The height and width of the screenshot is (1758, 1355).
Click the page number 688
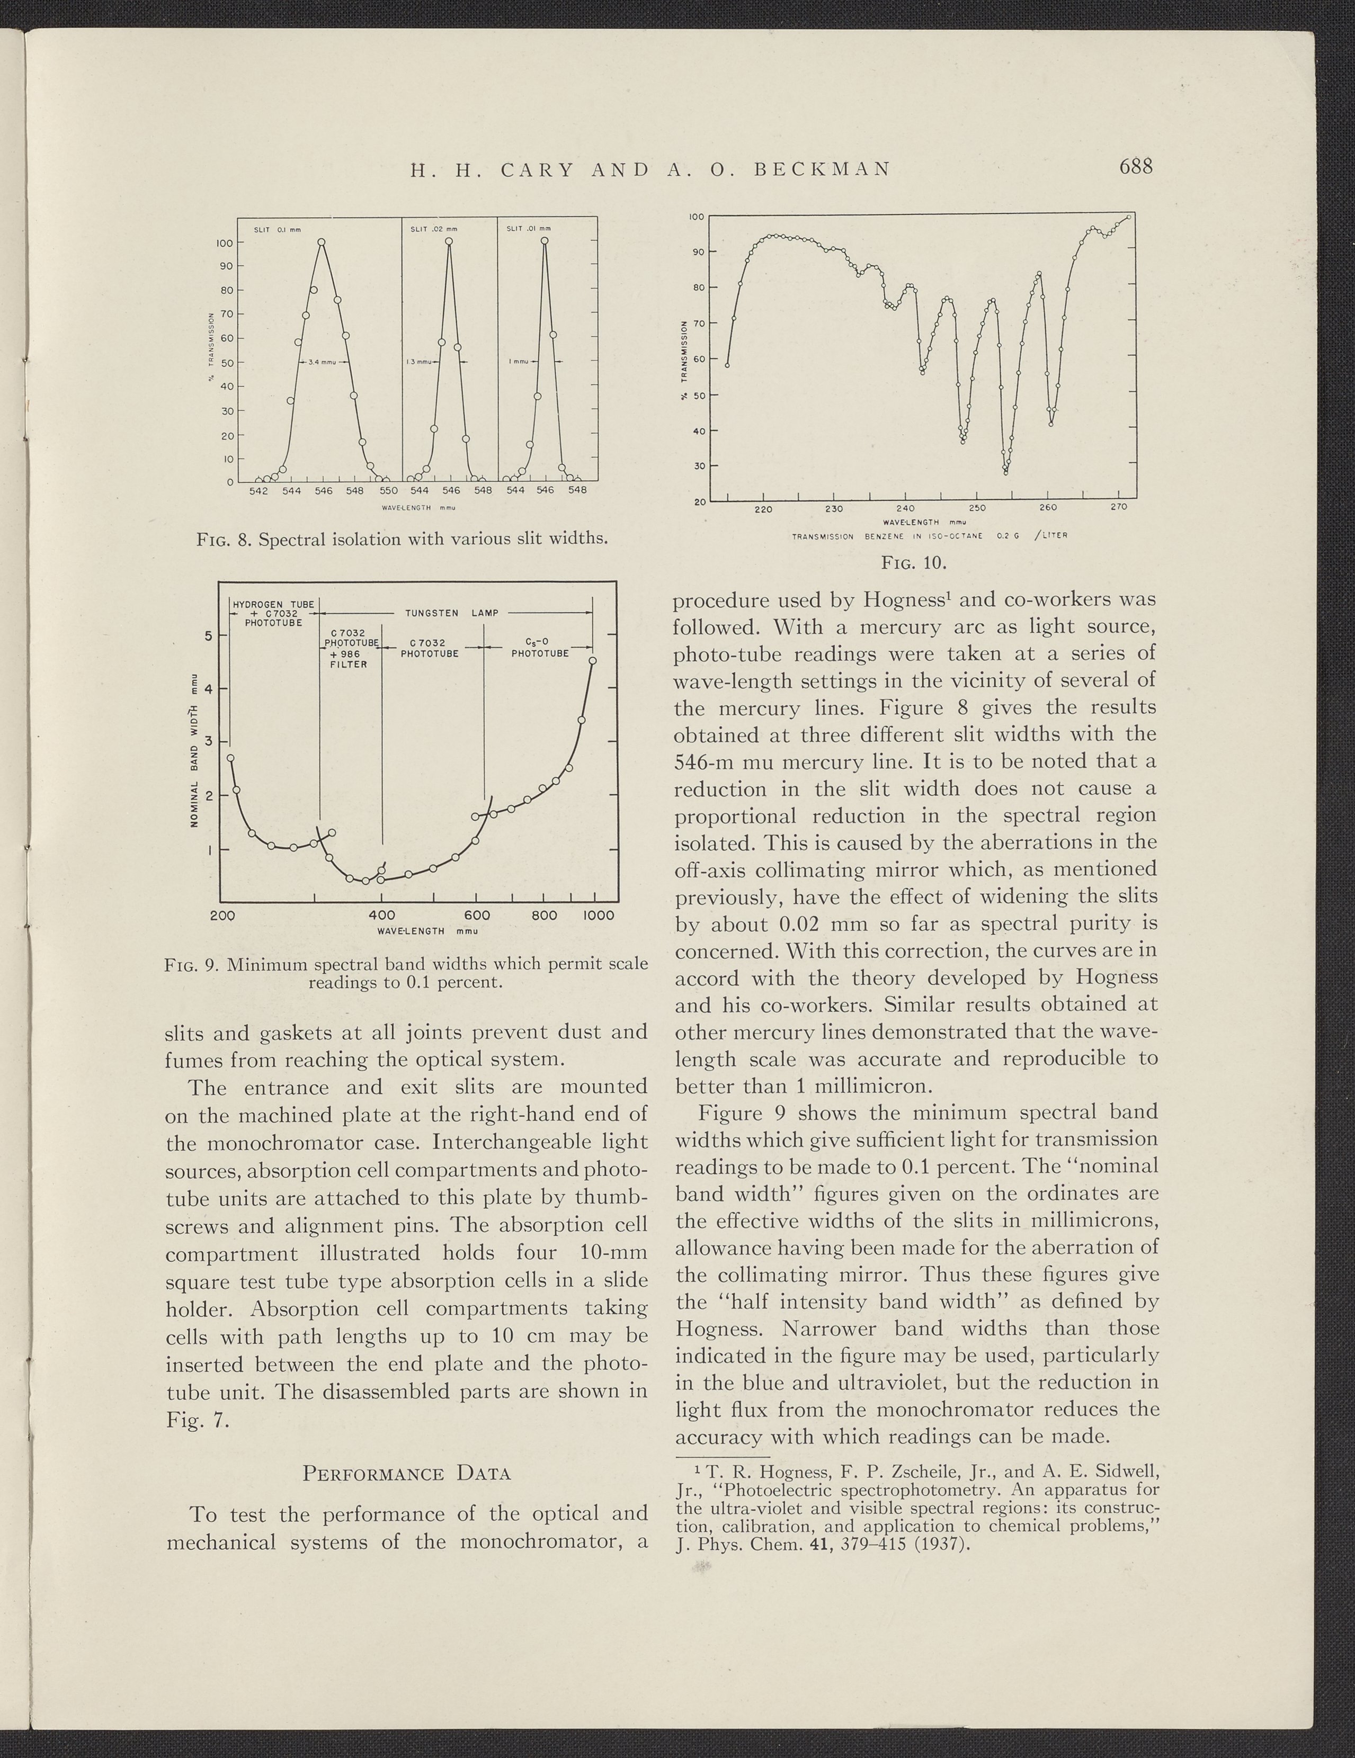(x=1135, y=167)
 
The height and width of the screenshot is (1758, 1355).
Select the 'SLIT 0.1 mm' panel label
(x=277, y=229)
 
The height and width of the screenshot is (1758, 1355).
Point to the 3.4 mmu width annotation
(x=322, y=362)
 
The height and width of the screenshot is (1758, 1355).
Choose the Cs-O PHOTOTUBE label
(x=540, y=647)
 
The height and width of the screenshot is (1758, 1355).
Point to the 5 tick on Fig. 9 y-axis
(x=208, y=636)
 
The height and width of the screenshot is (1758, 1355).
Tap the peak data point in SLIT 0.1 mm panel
(x=321, y=241)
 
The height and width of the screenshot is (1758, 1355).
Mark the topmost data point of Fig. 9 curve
(x=593, y=661)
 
